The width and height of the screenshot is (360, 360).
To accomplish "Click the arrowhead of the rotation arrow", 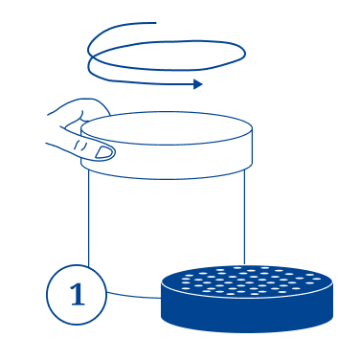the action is pos(198,84).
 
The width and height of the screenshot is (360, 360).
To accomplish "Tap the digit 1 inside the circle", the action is pos(78,295).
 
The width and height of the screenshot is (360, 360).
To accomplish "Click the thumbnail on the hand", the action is pos(104,152).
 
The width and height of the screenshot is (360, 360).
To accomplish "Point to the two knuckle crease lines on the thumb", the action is pos(80,146).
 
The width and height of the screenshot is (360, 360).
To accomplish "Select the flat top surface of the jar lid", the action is pos(167,128).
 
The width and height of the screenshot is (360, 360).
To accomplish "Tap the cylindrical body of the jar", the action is pos(166,223).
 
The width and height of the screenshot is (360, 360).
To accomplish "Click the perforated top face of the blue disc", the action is pos(247,281).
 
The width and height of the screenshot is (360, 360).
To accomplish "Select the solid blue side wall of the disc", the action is pos(247,313).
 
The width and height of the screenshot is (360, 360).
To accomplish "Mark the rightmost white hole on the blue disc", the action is pos(317,279).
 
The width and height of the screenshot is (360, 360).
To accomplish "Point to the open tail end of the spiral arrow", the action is pos(155,23).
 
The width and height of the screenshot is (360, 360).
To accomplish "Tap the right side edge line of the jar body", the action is pos(245,217).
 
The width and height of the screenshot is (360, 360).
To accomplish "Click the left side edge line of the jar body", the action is pos(88,217).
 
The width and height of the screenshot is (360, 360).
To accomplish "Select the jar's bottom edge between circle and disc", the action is pos(134,295).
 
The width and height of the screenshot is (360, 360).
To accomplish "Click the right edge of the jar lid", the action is pos(253,146).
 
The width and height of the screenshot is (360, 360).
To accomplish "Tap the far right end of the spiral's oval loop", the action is pos(245,54).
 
